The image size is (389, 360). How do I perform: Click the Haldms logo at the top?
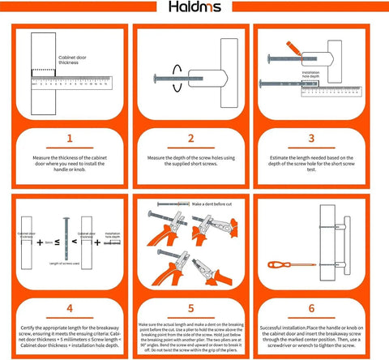(x=194, y=9)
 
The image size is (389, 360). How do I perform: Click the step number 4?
(x=68, y=307)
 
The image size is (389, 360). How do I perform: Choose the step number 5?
(x=194, y=307)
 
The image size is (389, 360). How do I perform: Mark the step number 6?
(x=319, y=307)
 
